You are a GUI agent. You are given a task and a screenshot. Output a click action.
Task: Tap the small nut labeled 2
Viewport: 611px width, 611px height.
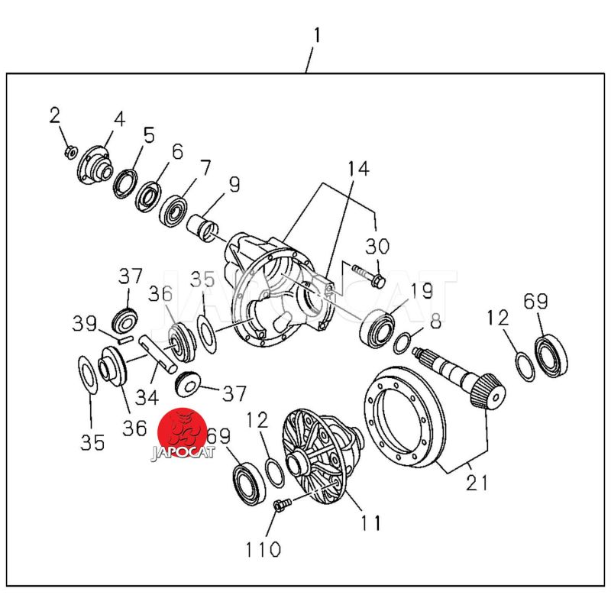[70, 152]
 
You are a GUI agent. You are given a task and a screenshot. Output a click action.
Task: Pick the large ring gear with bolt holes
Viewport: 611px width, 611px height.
[404, 415]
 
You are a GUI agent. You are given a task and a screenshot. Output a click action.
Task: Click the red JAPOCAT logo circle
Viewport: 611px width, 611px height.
[183, 434]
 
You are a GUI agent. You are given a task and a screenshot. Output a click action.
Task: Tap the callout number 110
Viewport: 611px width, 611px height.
[263, 548]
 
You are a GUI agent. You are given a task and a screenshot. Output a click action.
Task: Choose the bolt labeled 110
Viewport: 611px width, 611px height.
[280, 504]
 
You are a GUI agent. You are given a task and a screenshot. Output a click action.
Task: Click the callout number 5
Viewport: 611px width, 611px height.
[148, 135]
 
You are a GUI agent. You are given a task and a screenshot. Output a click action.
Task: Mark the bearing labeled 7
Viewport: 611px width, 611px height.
[174, 209]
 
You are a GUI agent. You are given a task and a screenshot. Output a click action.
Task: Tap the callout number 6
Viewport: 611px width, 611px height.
[177, 151]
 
